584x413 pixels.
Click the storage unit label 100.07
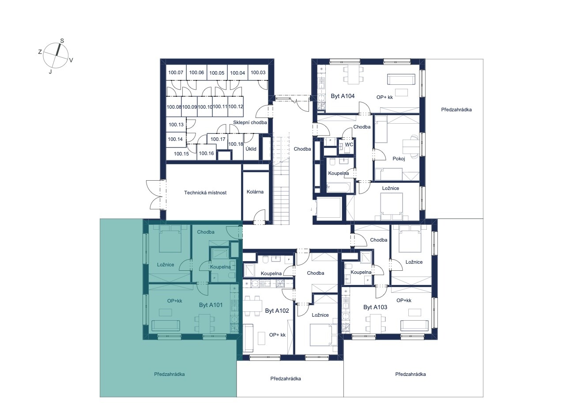(x=176, y=72)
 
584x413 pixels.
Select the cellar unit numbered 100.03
(x=258, y=72)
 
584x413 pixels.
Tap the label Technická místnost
(x=205, y=193)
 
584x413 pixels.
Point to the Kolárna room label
(x=255, y=192)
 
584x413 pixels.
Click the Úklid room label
(x=251, y=149)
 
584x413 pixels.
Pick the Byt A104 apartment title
(x=343, y=96)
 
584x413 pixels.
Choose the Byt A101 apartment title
(x=211, y=305)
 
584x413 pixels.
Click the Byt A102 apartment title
(x=277, y=311)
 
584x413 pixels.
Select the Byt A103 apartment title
(x=375, y=307)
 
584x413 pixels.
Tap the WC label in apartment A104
(x=349, y=144)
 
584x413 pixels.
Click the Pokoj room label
(x=399, y=159)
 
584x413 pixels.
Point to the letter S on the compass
(x=62, y=41)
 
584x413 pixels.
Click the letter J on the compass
(x=50, y=72)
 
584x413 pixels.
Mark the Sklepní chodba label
(x=250, y=122)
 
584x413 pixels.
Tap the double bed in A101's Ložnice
(x=170, y=239)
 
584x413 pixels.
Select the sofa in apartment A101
(x=166, y=326)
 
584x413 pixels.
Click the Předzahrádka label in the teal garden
(x=169, y=374)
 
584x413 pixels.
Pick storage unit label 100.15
(x=181, y=154)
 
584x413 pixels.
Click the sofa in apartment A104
(x=401, y=79)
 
